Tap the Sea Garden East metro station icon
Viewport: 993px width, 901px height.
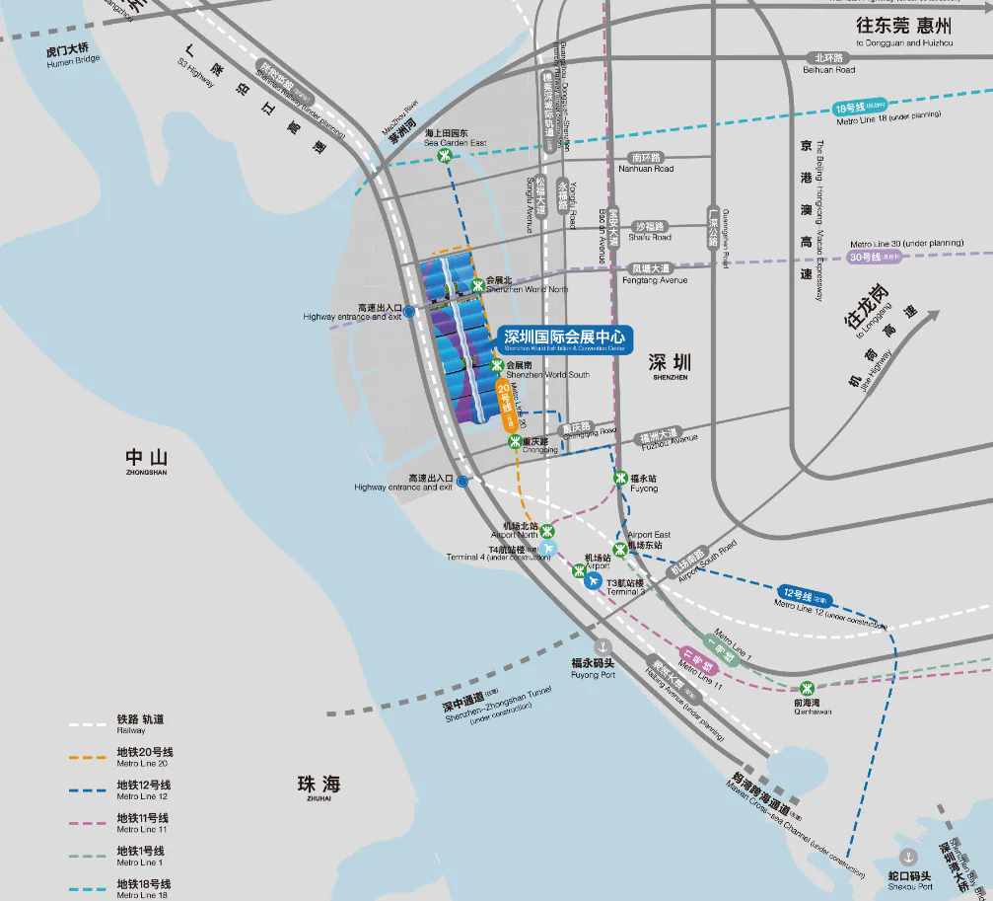(446, 155)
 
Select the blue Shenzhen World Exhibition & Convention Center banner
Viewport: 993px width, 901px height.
(564, 339)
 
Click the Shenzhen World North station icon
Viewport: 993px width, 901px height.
(477, 285)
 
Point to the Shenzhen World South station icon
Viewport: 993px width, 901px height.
(496, 367)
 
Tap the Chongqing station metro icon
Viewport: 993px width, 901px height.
(514, 441)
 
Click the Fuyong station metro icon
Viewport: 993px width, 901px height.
(620, 479)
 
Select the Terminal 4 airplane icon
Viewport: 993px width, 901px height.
(548, 548)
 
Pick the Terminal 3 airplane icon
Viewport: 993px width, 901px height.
(593, 581)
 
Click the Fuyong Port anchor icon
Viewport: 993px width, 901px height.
(593, 645)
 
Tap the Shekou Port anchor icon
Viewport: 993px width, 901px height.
(908, 857)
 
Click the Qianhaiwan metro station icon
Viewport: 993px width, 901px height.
(807, 689)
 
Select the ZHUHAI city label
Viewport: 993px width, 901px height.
(318, 788)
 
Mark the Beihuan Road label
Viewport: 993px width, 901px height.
(827, 64)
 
